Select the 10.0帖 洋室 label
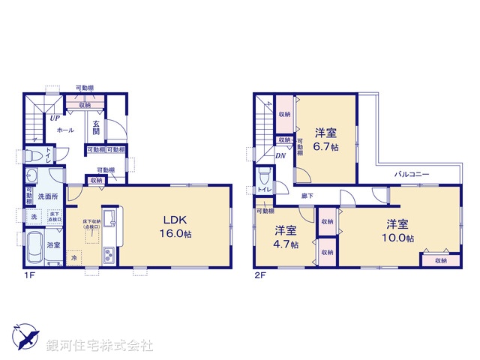point(398,230)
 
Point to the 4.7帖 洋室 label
point(286,236)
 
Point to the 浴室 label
point(54,244)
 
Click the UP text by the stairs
point(55,118)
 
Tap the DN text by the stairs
point(280,156)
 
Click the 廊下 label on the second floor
point(307,196)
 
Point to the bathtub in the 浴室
point(34,248)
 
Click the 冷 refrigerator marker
point(74,257)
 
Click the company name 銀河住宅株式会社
point(99,346)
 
